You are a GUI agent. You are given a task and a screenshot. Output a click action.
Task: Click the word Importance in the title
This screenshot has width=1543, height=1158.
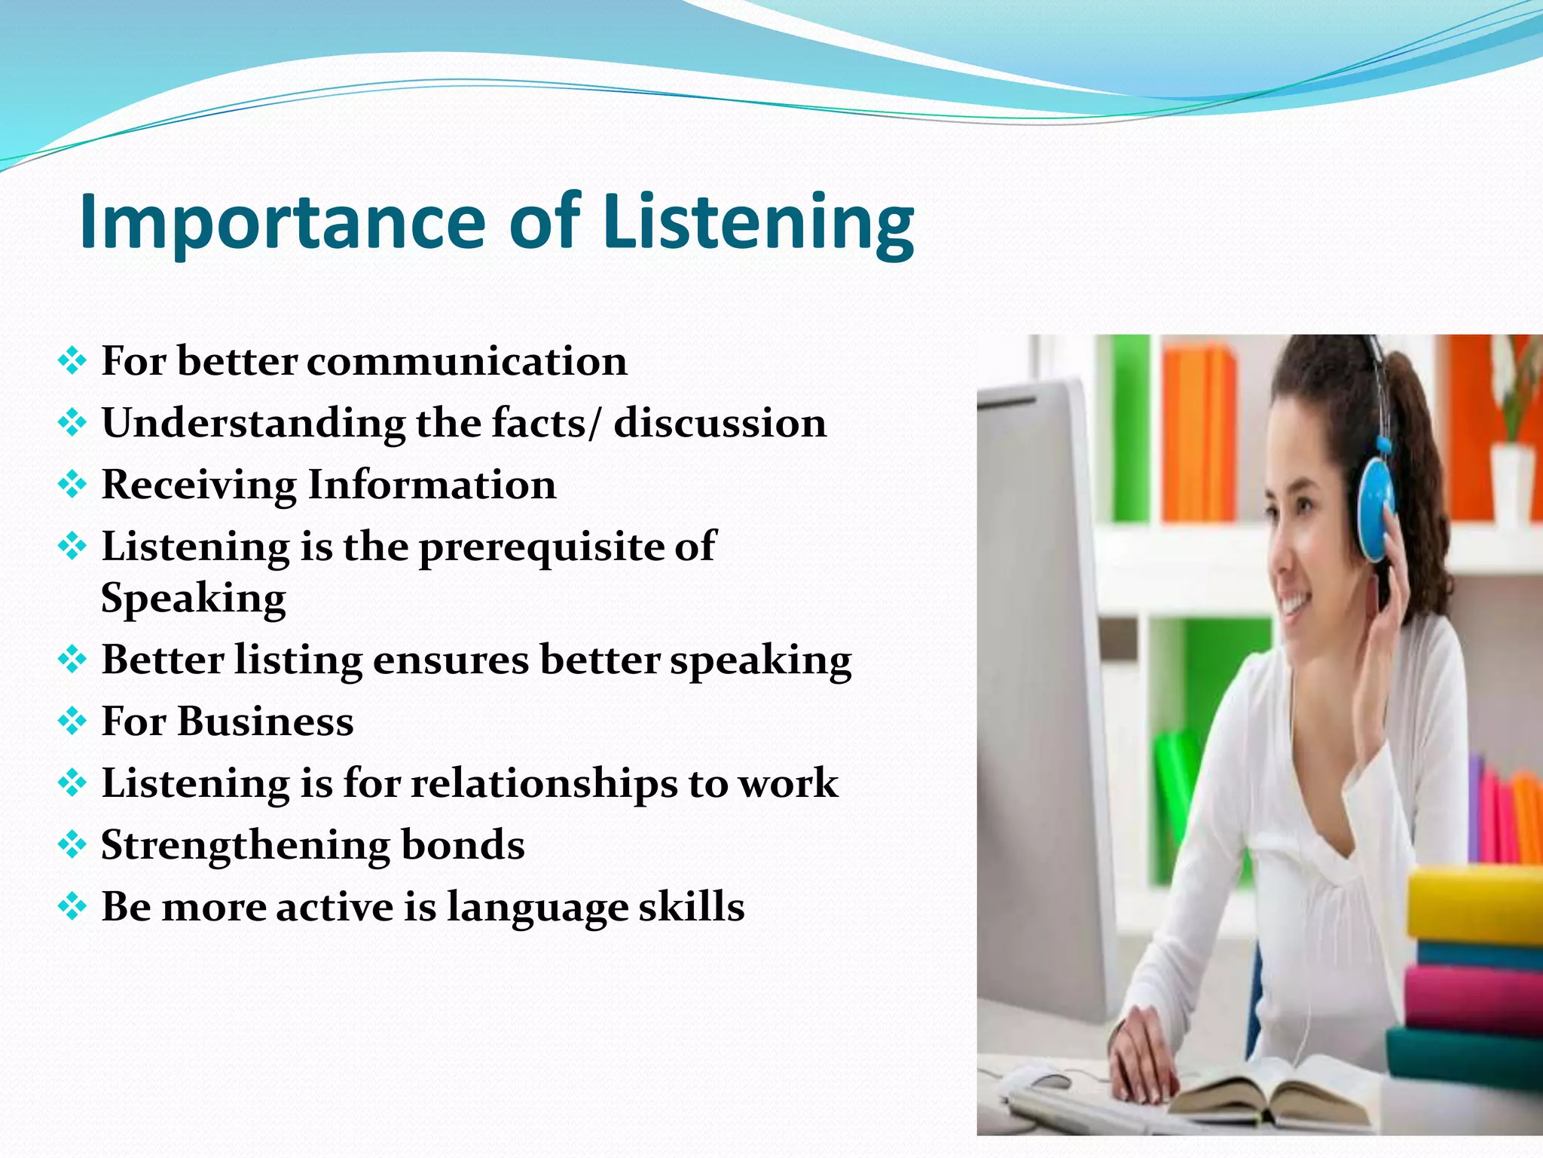coord(282,221)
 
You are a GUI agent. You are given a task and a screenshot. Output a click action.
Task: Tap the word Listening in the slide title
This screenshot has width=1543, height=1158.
coord(758,221)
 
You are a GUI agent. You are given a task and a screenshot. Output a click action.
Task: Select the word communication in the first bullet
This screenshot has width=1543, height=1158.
coord(466,361)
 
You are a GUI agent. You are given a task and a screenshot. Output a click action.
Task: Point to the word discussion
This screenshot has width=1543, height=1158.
coord(720,423)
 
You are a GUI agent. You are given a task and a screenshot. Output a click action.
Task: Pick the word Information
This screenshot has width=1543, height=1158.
coord(432,485)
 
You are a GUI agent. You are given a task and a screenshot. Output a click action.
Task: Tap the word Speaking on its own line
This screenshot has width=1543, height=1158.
coord(194,599)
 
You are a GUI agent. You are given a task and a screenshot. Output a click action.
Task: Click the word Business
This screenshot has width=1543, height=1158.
coord(265,721)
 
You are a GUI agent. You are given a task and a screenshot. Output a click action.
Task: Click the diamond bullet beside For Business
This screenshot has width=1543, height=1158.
coord(72,721)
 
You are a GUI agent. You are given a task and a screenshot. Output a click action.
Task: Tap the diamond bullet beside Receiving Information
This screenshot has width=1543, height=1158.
coord(72,485)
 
